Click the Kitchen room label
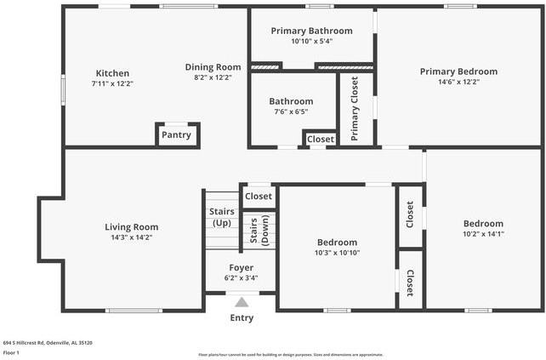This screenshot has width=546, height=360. [112, 72]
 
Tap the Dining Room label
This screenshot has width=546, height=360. [213, 66]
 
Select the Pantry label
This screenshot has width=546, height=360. [176, 134]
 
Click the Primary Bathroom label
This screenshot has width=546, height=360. [311, 31]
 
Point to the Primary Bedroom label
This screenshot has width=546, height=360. [458, 71]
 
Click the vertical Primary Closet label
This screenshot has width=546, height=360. [355, 108]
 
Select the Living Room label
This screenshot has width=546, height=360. [131, 227]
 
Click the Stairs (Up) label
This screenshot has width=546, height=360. [220, 218]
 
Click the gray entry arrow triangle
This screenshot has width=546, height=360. [242, 301]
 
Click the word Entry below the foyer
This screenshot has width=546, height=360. [242, 318]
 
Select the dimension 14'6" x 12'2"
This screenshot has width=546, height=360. [458, 83]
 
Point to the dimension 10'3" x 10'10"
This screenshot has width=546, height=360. [337, 253]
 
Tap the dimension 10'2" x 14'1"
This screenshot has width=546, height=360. [483, 233]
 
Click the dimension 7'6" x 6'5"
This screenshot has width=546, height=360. [291, 111]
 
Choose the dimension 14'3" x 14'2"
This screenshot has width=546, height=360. [131, 238]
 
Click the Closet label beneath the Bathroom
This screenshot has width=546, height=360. [321, 139]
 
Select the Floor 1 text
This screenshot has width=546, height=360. [11, 351]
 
